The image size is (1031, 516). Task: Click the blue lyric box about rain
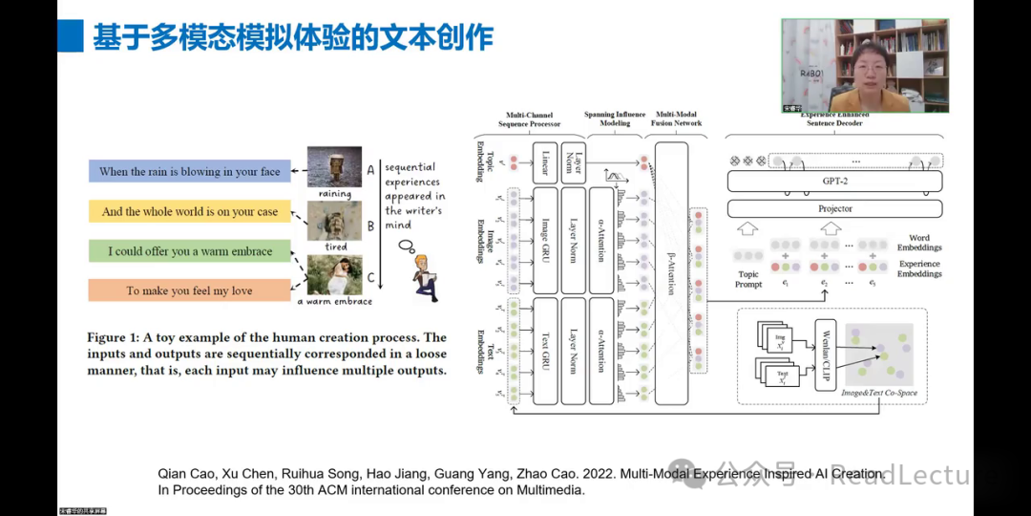[190, 172]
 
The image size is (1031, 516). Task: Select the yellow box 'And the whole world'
[190, 211]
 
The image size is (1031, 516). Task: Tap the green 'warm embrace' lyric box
[190, 251]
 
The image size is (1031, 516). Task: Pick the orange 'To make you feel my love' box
[190, 290]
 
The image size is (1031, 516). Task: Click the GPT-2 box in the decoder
[834, 182]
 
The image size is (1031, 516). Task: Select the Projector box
[834, 208]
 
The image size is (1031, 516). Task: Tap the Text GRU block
[544, 351]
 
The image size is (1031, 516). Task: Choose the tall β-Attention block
[671, 272]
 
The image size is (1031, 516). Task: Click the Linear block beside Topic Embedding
[544, 162]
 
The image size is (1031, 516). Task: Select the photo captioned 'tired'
[334, 221]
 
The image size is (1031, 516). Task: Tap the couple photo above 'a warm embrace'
[334, 275]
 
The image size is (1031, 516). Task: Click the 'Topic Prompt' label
[748, 280]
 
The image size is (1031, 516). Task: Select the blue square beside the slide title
[70, 37]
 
